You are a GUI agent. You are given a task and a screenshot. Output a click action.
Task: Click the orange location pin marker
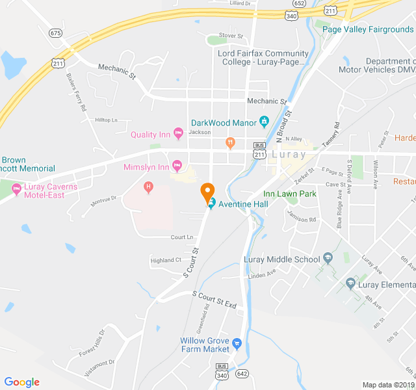tap(207, 193)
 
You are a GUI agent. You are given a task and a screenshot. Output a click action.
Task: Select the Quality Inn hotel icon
tap(177, 135)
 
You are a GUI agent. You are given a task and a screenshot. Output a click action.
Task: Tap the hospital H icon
tap(148, 188)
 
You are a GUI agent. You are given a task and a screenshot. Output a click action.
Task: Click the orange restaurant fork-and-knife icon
tap(229, 142)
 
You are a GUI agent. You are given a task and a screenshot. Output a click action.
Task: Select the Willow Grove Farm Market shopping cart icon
tap(237, 343)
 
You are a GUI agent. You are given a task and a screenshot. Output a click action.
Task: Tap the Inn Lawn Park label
tap(289, 194)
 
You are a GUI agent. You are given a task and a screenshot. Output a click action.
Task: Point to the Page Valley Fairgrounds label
tap(368, 29)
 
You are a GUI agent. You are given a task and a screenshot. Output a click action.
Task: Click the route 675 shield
tap(56, 32)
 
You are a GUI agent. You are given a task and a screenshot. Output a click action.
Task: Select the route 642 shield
tap(242, 374)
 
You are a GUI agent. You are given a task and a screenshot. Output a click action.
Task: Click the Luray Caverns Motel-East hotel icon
tap(16, 190)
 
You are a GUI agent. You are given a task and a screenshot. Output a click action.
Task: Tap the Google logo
tap(22, 382)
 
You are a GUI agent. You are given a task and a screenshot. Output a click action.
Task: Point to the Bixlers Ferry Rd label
tap(76, 91)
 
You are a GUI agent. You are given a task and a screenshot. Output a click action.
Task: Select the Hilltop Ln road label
tap(106, 120)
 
